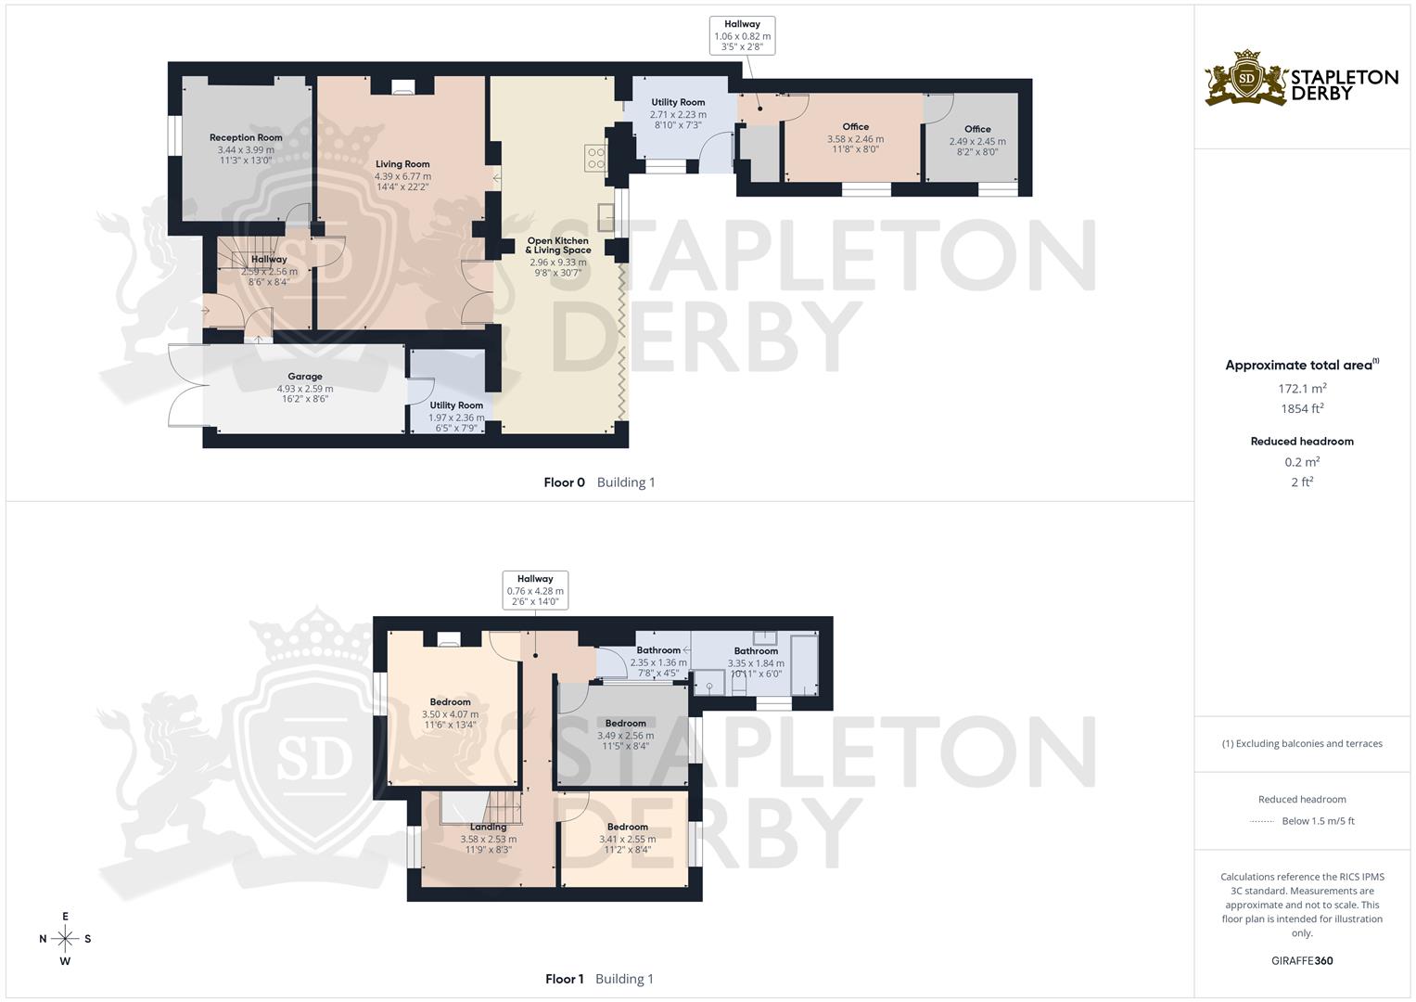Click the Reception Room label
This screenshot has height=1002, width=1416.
[x=246, y=137]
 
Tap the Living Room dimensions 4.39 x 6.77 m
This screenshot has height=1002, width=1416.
[x=402, y=176]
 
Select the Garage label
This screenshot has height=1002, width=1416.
[x=305, y=377]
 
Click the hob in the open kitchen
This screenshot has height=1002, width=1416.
[x=595, y=158]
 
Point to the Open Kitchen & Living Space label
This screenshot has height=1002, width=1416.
[x=558, y=245]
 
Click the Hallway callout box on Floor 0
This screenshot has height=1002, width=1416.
[x=742, y=36]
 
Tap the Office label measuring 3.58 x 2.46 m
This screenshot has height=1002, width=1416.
[x=855, y=127]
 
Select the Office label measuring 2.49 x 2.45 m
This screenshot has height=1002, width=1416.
[x=977, y=130]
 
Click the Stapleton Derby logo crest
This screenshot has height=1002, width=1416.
[x=1246, y=79]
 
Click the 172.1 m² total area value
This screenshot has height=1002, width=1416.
[x=1302, y=389]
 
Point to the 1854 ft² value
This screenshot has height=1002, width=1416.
[x=1302, y=408]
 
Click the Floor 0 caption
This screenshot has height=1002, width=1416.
[x=564, y=482]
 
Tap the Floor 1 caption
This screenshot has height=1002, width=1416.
[x=564, y=979]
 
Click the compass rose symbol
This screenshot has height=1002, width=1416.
[x=65, y=939]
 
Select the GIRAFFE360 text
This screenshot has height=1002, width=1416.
[x=1302, y=960]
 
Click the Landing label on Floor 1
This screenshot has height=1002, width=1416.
[x=488, y=827]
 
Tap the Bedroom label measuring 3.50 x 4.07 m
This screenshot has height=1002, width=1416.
[x=450, y=702]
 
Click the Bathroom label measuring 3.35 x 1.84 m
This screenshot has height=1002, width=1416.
[x=756, y=651]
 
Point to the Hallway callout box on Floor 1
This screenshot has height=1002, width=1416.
[x=535, y=590]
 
